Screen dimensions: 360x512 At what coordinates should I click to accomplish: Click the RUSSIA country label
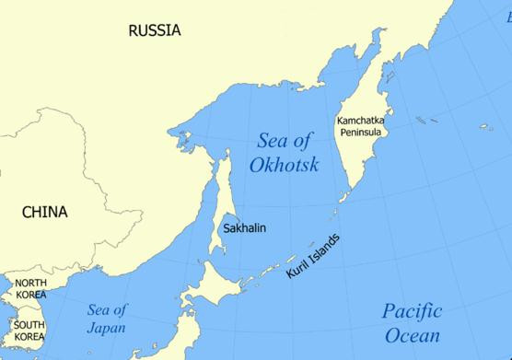(x=155, y=30)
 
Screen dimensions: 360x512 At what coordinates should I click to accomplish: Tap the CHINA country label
(x=44, y=213)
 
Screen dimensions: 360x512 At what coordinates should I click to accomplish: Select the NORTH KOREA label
(x=30, y=289)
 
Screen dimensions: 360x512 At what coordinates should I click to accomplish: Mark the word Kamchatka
(x=362, y=121)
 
